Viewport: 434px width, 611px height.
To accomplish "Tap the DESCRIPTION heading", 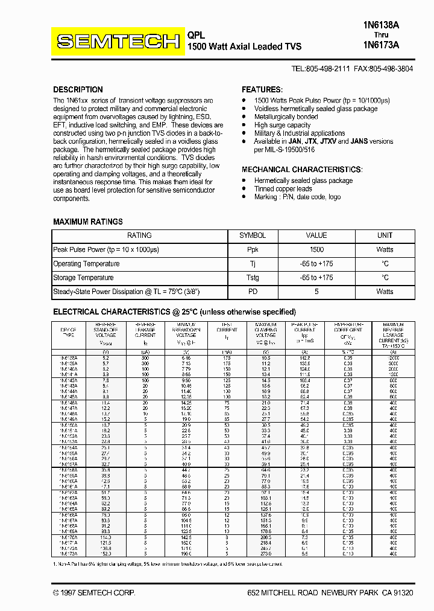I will (x=78, y=89).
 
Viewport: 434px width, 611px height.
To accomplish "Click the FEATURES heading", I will (x=262, y=89).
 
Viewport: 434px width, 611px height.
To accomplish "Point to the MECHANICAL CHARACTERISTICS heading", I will (x=301, y=170).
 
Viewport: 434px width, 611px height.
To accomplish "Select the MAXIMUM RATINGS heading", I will (x=88, y=222).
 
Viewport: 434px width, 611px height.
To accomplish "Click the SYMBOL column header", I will (x=253, y=235).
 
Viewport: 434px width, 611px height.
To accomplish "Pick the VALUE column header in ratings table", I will (x=316, y=235).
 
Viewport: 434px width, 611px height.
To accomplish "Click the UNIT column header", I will (x=385, y=235).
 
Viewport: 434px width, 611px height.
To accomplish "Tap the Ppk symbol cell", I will (x=253, y=249).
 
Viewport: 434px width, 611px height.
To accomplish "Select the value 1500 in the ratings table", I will (x=316, y=249).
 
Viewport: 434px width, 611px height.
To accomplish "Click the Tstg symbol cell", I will (x=253, y=278).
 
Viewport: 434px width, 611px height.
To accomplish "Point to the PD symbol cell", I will (x=253, y=292).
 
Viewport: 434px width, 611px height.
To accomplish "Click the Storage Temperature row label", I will (x=83, y=278).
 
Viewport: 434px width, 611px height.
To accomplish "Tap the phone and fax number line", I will (x=352, y=69).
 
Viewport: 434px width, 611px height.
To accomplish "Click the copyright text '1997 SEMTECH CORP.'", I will (x=98, y=593).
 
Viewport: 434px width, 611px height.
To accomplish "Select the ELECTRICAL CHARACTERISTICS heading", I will (x=174, y=312).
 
